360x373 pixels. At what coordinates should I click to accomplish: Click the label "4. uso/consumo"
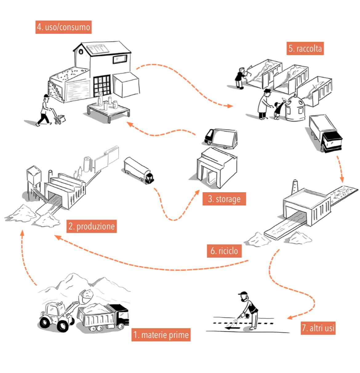(x=63, y=27)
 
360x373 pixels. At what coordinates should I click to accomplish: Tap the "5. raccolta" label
(x=305, y=49)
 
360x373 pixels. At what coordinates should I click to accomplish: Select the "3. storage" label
(x=224, y=199)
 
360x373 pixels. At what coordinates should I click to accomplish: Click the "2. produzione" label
(x=91, y=227)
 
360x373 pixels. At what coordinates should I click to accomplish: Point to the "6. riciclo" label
(x=224, y=251)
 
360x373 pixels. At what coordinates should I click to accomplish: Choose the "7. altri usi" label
(x=318, y=328)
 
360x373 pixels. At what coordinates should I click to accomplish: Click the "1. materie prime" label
(x=161, y=335)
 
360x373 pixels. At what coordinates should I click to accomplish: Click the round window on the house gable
(x=81, y=52)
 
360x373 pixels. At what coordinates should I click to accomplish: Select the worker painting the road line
(x=250, y=309)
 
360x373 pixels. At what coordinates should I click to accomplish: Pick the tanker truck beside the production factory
(x=139, y=170)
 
